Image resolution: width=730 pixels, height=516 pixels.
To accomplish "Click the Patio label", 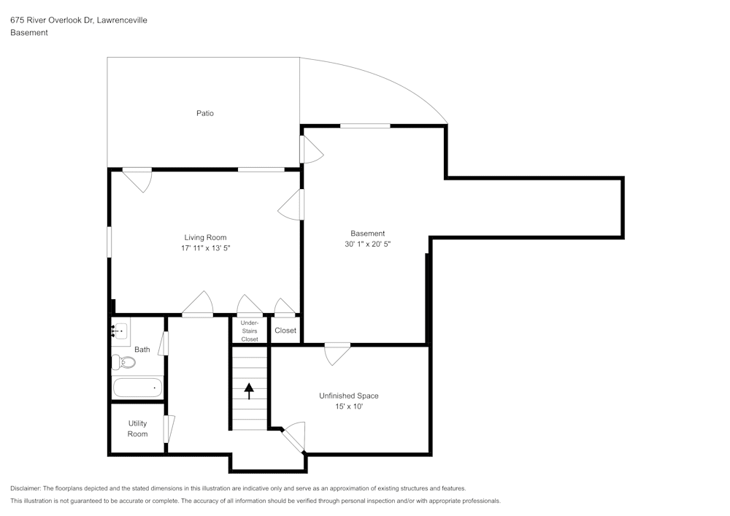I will pos(205,113).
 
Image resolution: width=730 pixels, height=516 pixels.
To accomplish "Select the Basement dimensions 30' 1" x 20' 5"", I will pos(368,244).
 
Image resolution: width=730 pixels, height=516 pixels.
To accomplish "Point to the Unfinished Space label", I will pos(348,396).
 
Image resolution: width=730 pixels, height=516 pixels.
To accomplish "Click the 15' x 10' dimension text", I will pos(348,407).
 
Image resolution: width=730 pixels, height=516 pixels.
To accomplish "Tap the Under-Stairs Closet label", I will pos(250,331).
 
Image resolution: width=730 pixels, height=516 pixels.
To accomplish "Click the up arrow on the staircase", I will pos(249,391).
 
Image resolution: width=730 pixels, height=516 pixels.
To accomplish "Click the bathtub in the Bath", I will pos(137,387).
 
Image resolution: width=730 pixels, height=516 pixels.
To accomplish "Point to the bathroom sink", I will pos(120,331).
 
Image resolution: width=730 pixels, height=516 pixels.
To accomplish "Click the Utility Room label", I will pos(137,428).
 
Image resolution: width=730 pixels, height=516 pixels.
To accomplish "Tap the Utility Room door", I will pos(169,428).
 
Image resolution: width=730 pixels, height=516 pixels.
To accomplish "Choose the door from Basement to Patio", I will pos(310,150).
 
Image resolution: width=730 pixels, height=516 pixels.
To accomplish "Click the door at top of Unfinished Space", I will pos(337,353).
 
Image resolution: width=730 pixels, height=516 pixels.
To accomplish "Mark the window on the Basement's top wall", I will pos(365,126).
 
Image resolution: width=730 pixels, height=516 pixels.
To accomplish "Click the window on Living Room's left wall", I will pos(109,242).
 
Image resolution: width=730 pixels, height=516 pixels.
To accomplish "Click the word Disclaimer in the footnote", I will pos(26,488).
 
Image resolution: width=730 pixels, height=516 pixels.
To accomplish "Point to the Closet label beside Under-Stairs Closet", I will pos(285,331).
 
